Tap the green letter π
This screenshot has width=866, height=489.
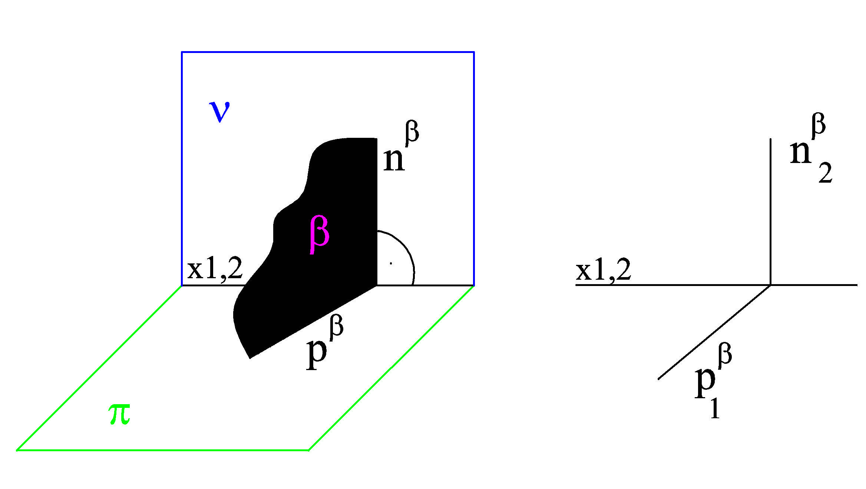(x=119, y=414)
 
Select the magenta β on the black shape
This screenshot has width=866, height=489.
(x=319, y=235)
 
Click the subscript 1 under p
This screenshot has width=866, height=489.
(x=715, y=409)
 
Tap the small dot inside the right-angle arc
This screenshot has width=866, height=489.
(x=391, y=263)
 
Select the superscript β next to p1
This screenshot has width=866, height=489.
(x=725, y=355)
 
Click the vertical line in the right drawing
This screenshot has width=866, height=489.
(x=771, y=212)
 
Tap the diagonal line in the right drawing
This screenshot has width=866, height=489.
(x=714, y=332)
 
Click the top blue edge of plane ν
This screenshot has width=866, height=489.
(x=328, y=52)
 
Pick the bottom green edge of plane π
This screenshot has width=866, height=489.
(x=162, y=450)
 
